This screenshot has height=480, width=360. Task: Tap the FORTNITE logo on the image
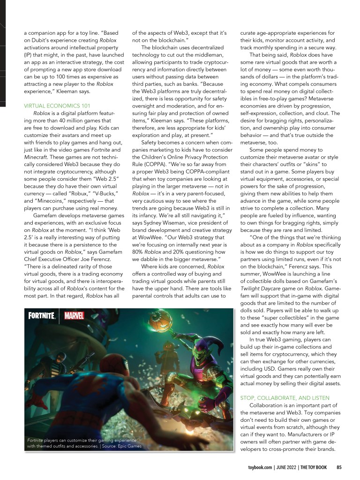[x=42, y=315]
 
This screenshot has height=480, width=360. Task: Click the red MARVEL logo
[x=74, y=315]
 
